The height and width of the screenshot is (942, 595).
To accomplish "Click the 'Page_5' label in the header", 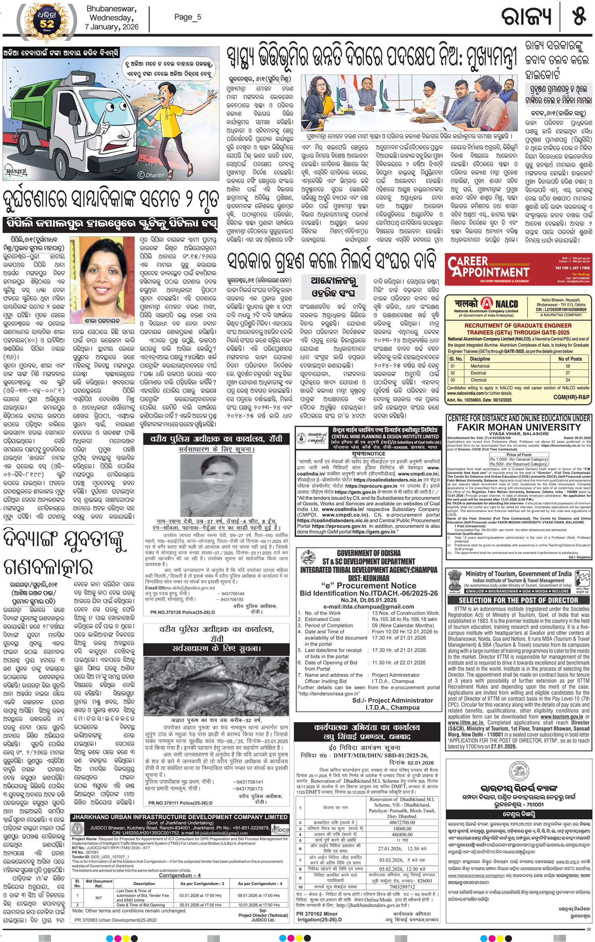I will tap(187, 17).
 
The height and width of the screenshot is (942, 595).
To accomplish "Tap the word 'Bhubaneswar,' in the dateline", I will tap(111, 9).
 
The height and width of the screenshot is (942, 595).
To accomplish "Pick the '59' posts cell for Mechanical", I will tap(568, 366).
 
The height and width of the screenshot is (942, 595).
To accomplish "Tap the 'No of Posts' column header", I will tap(570, 358).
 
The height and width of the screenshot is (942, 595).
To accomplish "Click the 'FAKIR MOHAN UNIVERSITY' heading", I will tap(518, 427).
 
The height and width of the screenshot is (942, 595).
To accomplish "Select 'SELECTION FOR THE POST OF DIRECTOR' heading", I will tap(518, 600).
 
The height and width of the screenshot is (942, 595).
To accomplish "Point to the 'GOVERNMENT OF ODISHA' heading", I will tap(369, 553).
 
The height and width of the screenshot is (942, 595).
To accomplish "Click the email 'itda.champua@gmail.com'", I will tap(369, 607).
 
